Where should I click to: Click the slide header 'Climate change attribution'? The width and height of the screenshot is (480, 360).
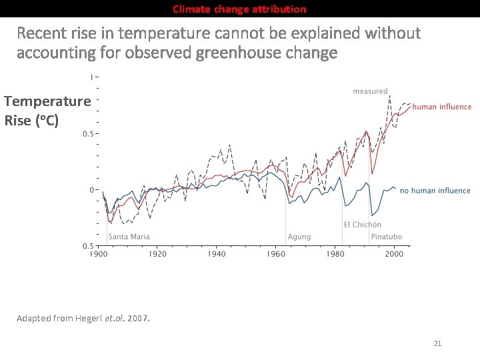(240, 9)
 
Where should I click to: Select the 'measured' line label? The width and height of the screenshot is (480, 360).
(370, 91)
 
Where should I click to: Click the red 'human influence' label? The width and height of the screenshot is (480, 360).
(442, 107)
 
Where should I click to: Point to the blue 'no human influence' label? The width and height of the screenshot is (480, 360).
(435, 191)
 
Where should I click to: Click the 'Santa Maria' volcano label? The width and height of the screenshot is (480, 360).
(129, 237)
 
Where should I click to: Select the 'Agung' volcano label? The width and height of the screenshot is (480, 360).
(299, 237)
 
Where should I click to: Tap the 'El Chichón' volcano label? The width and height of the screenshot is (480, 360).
(363, 225)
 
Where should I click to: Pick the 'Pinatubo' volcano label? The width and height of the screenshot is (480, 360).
(387, 237)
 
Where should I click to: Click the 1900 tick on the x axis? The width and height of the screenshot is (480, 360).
(99, 254)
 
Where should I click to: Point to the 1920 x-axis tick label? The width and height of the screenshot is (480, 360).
(157, 254)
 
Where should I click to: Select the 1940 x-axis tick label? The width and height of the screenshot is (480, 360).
(217, 254)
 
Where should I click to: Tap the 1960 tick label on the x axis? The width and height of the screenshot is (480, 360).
(275, 254)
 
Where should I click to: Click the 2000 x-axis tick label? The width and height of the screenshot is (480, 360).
(393, 254)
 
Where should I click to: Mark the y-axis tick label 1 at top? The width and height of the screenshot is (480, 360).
(91, 78)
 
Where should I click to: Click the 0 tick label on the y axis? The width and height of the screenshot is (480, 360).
(91, 190)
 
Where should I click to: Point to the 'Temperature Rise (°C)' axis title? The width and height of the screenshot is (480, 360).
(47, 111)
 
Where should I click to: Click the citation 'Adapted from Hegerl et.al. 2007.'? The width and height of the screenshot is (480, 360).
(83, 318)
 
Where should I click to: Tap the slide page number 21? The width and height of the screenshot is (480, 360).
(437, 343)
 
